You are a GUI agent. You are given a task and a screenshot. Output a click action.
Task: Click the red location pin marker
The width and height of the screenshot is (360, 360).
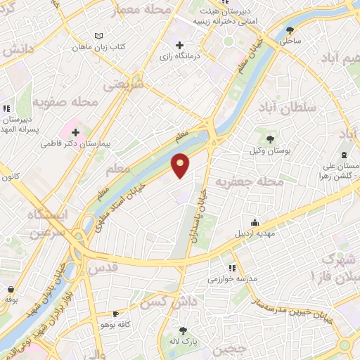coord(181,165)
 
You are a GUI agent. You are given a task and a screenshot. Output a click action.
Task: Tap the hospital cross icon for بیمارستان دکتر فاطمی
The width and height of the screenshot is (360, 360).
coord(75,131)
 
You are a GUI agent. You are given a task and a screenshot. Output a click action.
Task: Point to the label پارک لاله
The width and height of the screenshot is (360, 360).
coord(184,342)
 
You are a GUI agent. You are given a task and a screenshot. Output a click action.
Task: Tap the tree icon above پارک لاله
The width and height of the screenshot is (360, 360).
coord(184,330)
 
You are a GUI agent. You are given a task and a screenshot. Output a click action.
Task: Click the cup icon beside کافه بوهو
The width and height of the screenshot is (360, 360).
coord(116,314)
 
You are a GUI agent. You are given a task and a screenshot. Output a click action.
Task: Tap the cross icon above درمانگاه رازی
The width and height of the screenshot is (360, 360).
coord(180,45)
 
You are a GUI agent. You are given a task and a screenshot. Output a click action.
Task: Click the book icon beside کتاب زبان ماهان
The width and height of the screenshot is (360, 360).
coord(98,36)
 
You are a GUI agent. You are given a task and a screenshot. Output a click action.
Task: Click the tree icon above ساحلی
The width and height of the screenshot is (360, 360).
coord(290,30)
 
